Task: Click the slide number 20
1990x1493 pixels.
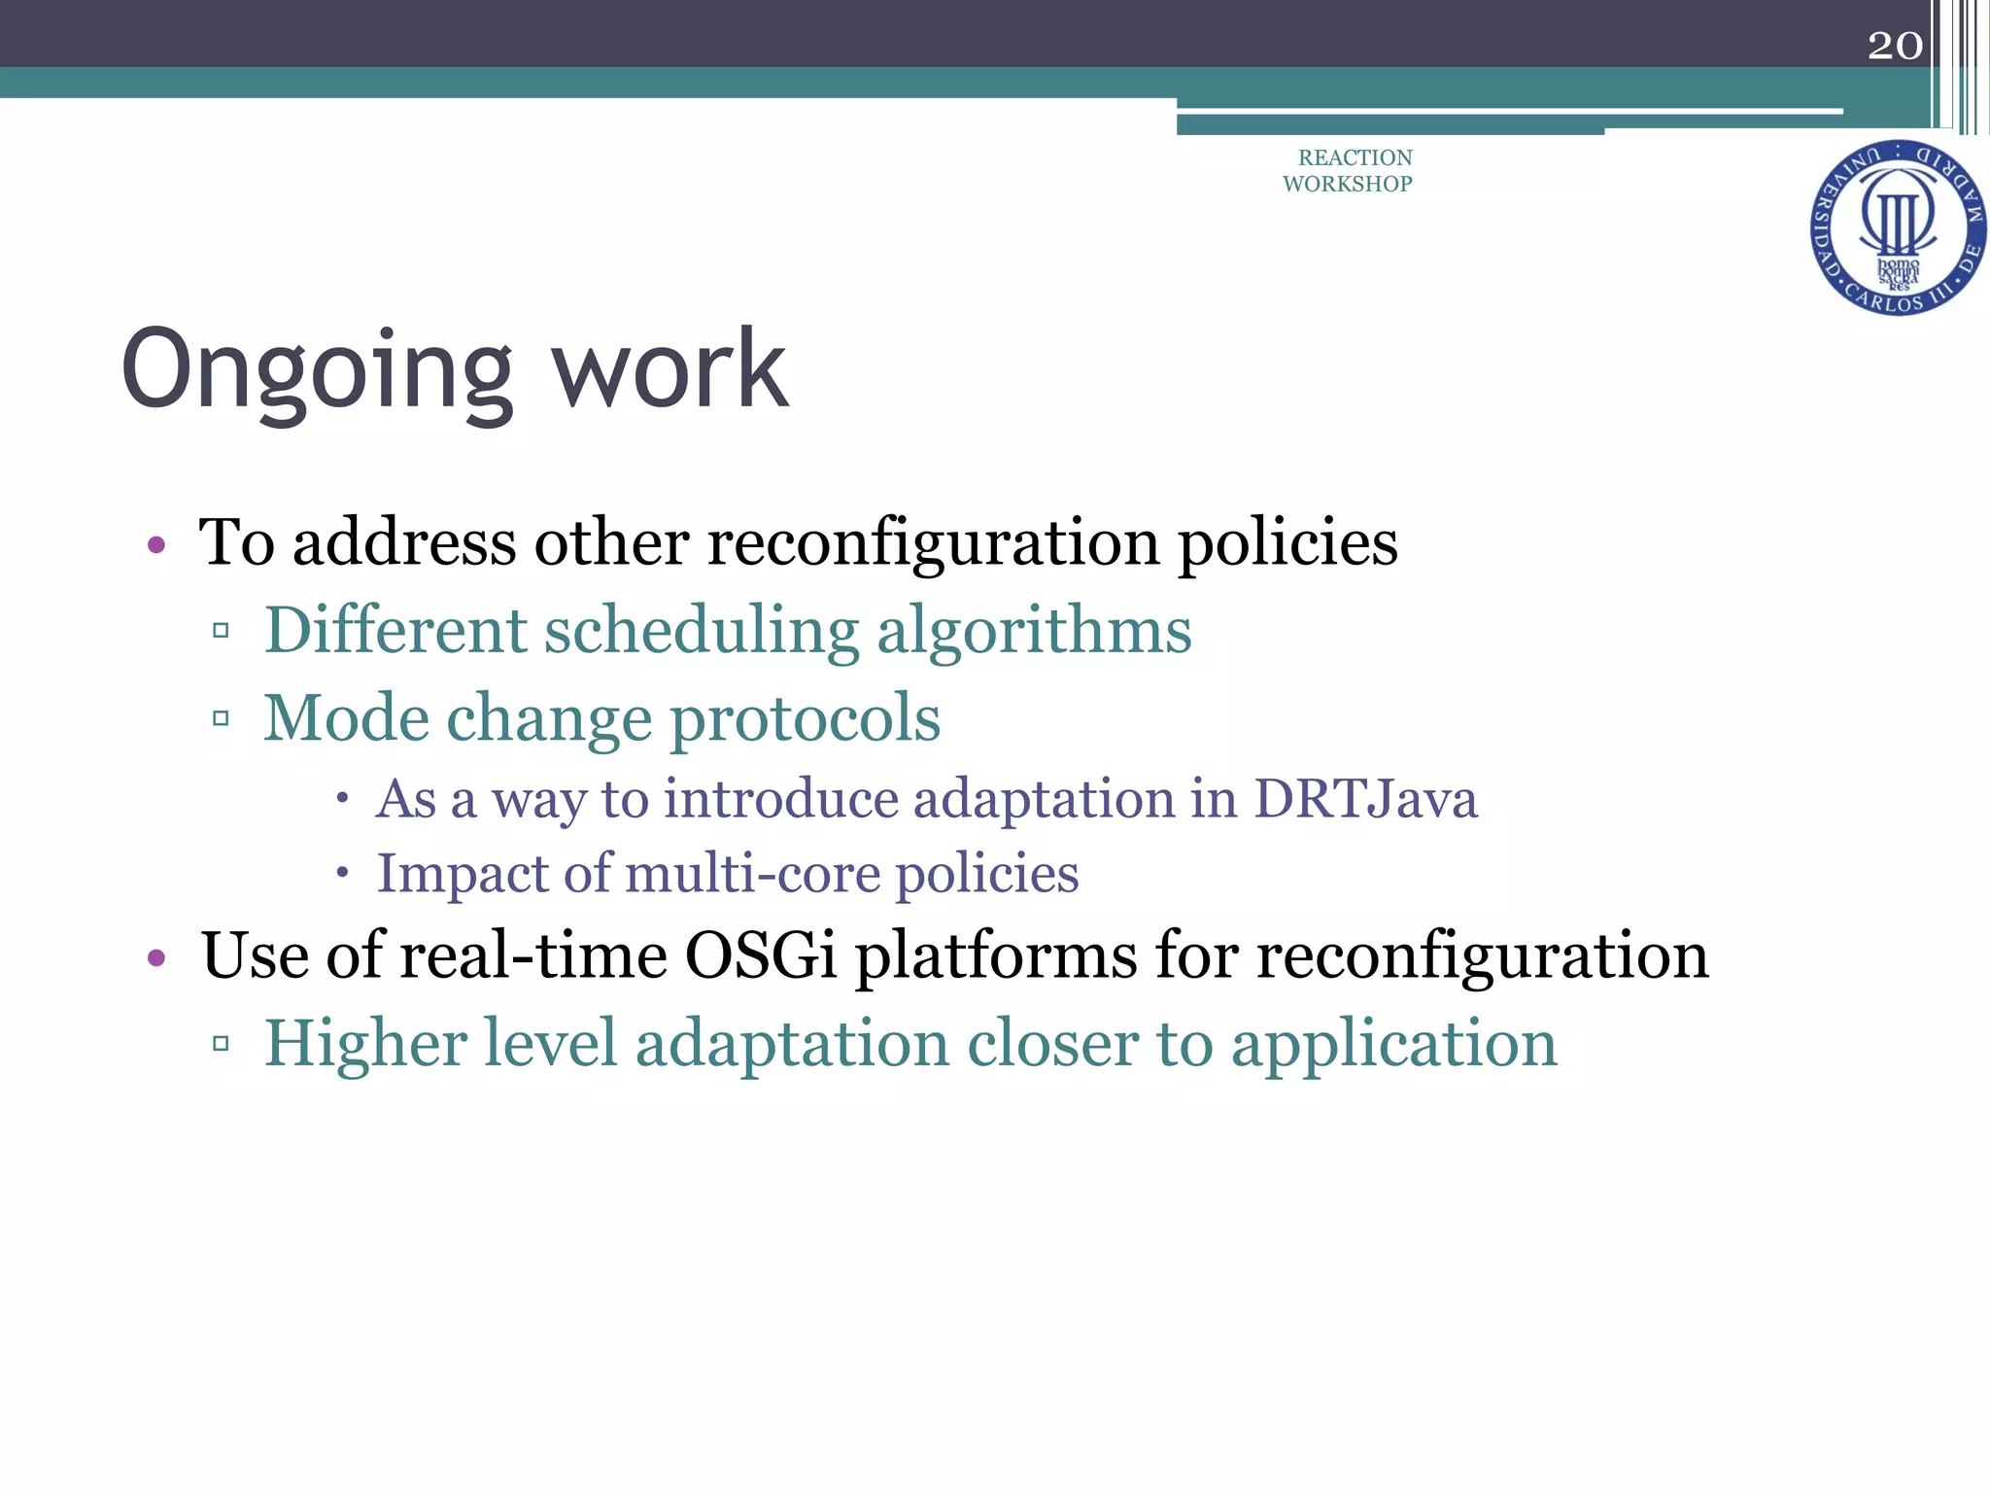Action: coord(1894,46)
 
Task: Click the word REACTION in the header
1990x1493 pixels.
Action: coord(1355,157)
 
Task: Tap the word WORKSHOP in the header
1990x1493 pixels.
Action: coord(1347,184)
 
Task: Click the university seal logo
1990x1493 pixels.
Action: coord(1898,228)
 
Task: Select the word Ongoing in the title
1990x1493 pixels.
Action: coord(317,371)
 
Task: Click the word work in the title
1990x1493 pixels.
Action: coord(669,369)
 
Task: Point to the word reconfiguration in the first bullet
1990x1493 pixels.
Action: coord(933,542)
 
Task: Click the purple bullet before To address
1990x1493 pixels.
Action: coord(156,545)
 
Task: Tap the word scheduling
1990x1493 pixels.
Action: coord(701,632)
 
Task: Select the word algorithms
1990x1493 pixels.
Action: coord(1034,632)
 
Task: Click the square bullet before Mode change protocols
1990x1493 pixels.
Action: coord(221,719)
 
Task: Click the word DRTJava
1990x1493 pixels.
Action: coord(1365,799)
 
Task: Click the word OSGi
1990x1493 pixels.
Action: coord(761,955)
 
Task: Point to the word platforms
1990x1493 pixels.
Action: coord(995,956)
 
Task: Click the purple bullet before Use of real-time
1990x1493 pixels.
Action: coord(156,959)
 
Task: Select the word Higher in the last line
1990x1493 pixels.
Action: coord(365,1044)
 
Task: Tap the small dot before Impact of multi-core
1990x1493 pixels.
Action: coord(342,873)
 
